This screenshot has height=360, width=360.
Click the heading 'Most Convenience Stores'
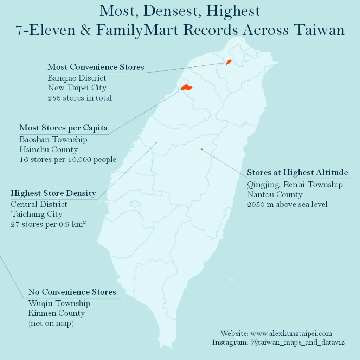(96, 67)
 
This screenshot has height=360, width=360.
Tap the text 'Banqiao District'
(77, 78)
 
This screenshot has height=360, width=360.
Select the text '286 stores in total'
(80, 98)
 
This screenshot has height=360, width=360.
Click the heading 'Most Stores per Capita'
(63, 128)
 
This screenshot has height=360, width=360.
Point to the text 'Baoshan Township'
(53, 140)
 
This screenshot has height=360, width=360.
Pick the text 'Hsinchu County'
(49, 150)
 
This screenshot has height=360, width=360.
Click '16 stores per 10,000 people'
(68, 160)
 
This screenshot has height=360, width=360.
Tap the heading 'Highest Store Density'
(53, 193)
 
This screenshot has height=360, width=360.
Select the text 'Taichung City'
(37, 214)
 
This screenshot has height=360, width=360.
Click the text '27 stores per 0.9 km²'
(49, 224)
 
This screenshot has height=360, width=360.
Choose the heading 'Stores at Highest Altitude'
(297, 172)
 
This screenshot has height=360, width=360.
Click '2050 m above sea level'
(287, 204)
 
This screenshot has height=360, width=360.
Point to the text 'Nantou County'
(275, 194)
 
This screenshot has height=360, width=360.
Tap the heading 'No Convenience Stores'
(72, 292)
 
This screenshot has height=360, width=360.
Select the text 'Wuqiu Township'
(59, 303)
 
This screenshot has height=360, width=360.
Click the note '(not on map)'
(51, 323)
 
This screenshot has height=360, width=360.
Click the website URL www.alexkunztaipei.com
(291, 333)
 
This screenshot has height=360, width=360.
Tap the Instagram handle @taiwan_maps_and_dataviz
(297, 342)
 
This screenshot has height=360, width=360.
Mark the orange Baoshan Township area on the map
(186, 87)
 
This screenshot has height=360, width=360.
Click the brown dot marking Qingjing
(202, 149)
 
